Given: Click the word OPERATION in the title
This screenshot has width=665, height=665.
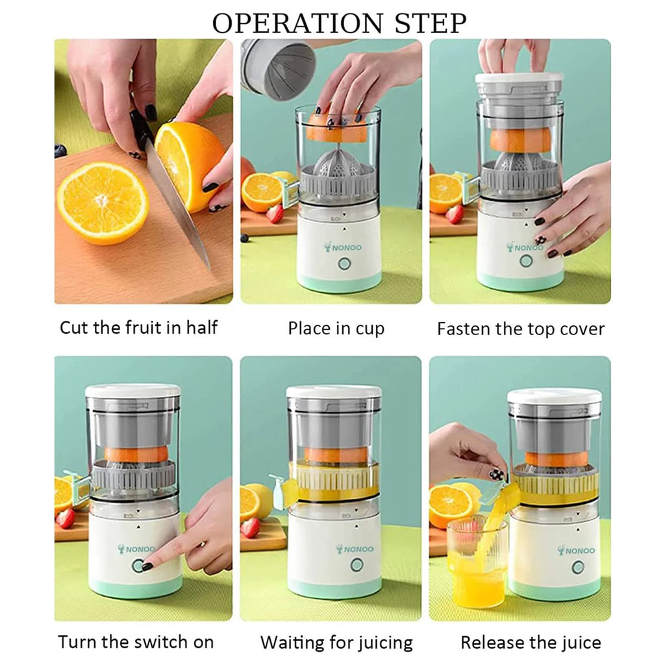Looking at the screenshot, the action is tap(297, 23).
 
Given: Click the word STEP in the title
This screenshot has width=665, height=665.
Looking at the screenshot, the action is tap(431, 23).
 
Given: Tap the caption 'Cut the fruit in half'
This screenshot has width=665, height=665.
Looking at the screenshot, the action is tap(139, 328).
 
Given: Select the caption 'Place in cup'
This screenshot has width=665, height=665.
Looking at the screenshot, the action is tap(336, 329).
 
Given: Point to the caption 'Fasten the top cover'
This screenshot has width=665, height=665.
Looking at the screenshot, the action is tap(521, 329).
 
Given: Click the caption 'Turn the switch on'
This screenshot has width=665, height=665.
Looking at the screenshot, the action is tap(136, 642).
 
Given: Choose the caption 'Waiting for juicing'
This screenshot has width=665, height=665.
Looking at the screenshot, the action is tap(336, 643).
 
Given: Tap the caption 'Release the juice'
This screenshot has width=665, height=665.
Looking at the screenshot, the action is tap(531, 642).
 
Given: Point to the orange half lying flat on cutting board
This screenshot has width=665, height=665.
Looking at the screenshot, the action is tap(103, 203).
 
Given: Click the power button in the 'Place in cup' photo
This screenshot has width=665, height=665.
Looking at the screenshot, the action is tap(344, 264).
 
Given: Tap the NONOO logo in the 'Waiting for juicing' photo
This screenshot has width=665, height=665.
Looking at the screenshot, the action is tap(355, 549).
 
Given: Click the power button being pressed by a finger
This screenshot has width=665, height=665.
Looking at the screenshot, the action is tap(138, 566).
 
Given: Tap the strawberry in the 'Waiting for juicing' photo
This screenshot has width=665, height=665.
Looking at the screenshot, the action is tap(250, 527).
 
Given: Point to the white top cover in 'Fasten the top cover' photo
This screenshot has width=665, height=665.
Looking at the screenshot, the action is tap(519, 78).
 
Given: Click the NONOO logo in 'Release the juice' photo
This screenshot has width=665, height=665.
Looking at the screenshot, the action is tap(577, 551).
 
